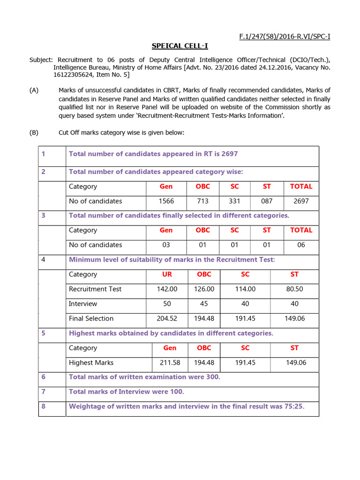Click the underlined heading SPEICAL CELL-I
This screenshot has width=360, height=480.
pos(180,46)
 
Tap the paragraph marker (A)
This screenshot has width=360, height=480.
pos(34,90)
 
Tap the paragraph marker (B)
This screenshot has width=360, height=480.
pos(34,133)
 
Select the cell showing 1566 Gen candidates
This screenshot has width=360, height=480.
pos(166,201)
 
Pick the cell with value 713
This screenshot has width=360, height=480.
pos(202,201)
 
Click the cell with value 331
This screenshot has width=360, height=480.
pos(234,201)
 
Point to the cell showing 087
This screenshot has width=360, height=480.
pos(267,201)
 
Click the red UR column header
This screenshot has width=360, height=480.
pos(167,274)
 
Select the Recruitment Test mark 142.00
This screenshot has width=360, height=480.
pos(167,289)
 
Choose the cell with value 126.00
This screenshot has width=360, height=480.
pos(204,289)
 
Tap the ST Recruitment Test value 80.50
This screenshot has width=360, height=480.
pos(294,289)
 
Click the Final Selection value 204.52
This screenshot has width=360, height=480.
pos(167,319)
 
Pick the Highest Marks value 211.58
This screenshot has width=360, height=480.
pos(170,363)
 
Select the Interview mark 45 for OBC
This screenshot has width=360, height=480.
pos(204,304)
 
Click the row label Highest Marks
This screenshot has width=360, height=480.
pos(91,363)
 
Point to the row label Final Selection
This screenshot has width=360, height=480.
pos(91,319)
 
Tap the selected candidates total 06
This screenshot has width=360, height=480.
pos(301,245)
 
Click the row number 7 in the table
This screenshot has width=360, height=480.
pos(44,392)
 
